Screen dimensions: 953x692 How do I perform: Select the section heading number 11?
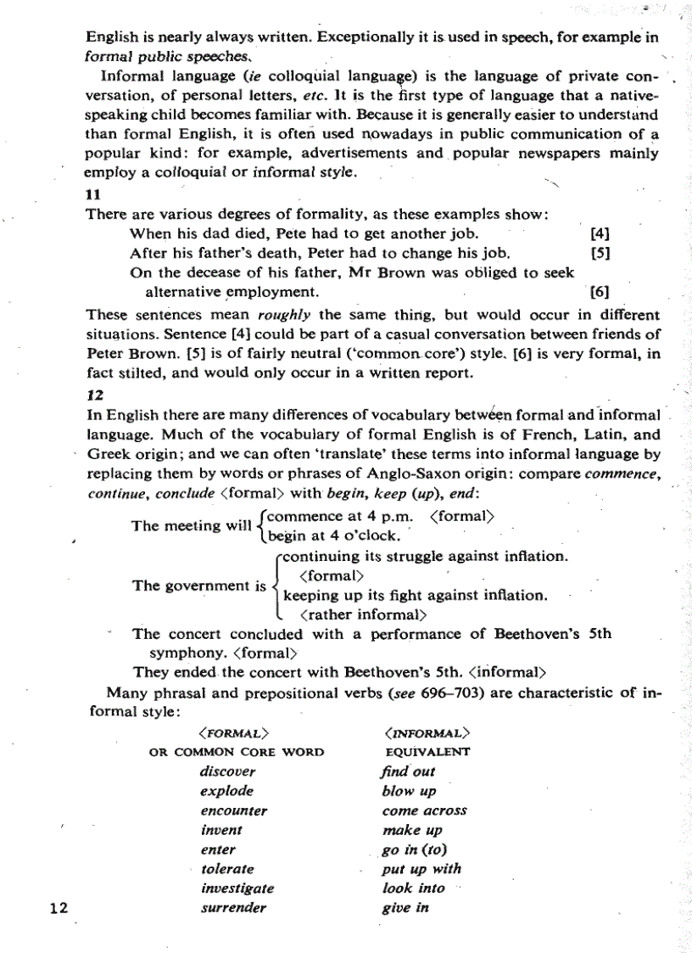tap(94, 195)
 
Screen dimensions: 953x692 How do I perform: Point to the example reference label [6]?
tap(599, 293)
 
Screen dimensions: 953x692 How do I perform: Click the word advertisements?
tap(381, 155)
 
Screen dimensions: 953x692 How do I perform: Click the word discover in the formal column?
tap(227, 771)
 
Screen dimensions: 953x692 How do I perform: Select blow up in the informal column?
tap(409, 791)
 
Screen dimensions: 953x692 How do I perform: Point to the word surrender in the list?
tap(233, 908)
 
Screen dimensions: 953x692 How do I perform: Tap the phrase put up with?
tap(421, 869)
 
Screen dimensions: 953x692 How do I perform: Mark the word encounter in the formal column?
tap(233, 810)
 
